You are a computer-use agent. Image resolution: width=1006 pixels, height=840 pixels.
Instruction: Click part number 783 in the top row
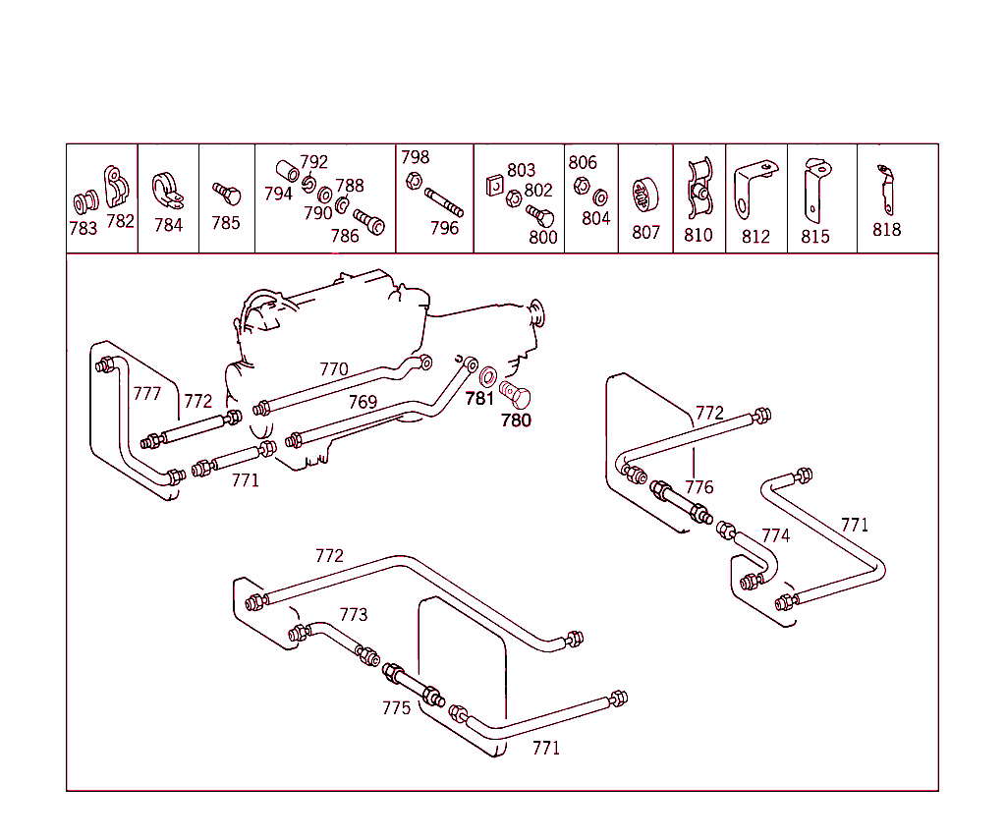[83, 229]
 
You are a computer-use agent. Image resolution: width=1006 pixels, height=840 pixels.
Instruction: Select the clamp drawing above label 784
[167, 191]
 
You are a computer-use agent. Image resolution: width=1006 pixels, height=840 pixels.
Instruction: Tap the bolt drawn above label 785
[226, 191]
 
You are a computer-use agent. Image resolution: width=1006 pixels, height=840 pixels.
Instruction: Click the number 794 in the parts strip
[278, 194]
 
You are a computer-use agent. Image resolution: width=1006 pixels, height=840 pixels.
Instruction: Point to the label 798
[415, 157]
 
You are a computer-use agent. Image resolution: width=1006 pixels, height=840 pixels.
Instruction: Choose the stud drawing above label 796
[443, 202]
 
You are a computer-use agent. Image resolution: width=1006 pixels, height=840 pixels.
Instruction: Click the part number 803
[521, 171]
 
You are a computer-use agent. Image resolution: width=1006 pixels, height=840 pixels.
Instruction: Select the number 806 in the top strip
[583, 163]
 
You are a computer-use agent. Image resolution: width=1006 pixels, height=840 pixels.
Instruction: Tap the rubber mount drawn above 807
[645, 195]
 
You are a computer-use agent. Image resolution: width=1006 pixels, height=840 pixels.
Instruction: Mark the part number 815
[814, 236]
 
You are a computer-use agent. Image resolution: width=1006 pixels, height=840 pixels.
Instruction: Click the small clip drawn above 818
[886, 190]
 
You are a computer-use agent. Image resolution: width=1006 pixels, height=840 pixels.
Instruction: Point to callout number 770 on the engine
[334, 369]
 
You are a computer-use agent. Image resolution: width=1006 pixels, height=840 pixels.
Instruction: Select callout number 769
[363, 402]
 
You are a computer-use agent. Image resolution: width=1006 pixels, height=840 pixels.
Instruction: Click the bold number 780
[516, 420]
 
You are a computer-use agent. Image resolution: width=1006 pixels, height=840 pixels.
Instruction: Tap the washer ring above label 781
[487, 374]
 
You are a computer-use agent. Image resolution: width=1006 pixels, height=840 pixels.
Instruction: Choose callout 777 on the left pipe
[146, 394]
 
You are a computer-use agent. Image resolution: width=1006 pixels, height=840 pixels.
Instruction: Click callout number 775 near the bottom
[396, 707]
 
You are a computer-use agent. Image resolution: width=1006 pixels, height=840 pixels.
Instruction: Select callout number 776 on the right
[699, 487]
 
